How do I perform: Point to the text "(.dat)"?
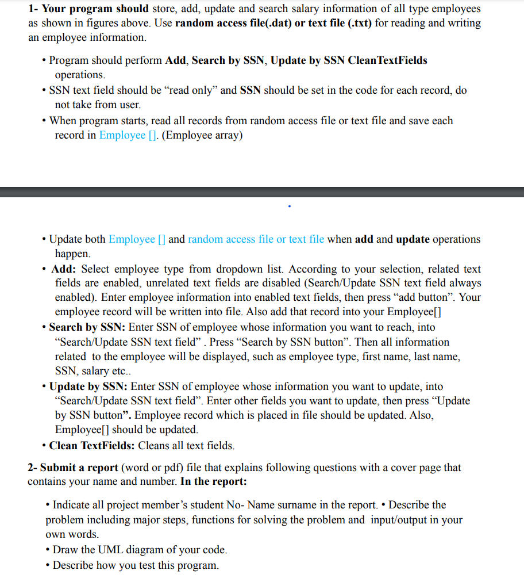click(277, 23)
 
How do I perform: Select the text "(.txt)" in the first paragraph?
click(344, 23)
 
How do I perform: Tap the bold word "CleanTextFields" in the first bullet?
click(388, 60)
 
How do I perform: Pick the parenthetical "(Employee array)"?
click(202, 135)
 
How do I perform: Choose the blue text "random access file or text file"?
click(256, 239)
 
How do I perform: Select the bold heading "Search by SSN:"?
click(87, 327)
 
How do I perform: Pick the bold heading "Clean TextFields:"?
click(92, 446)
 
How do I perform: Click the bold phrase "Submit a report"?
click(79, 468)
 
